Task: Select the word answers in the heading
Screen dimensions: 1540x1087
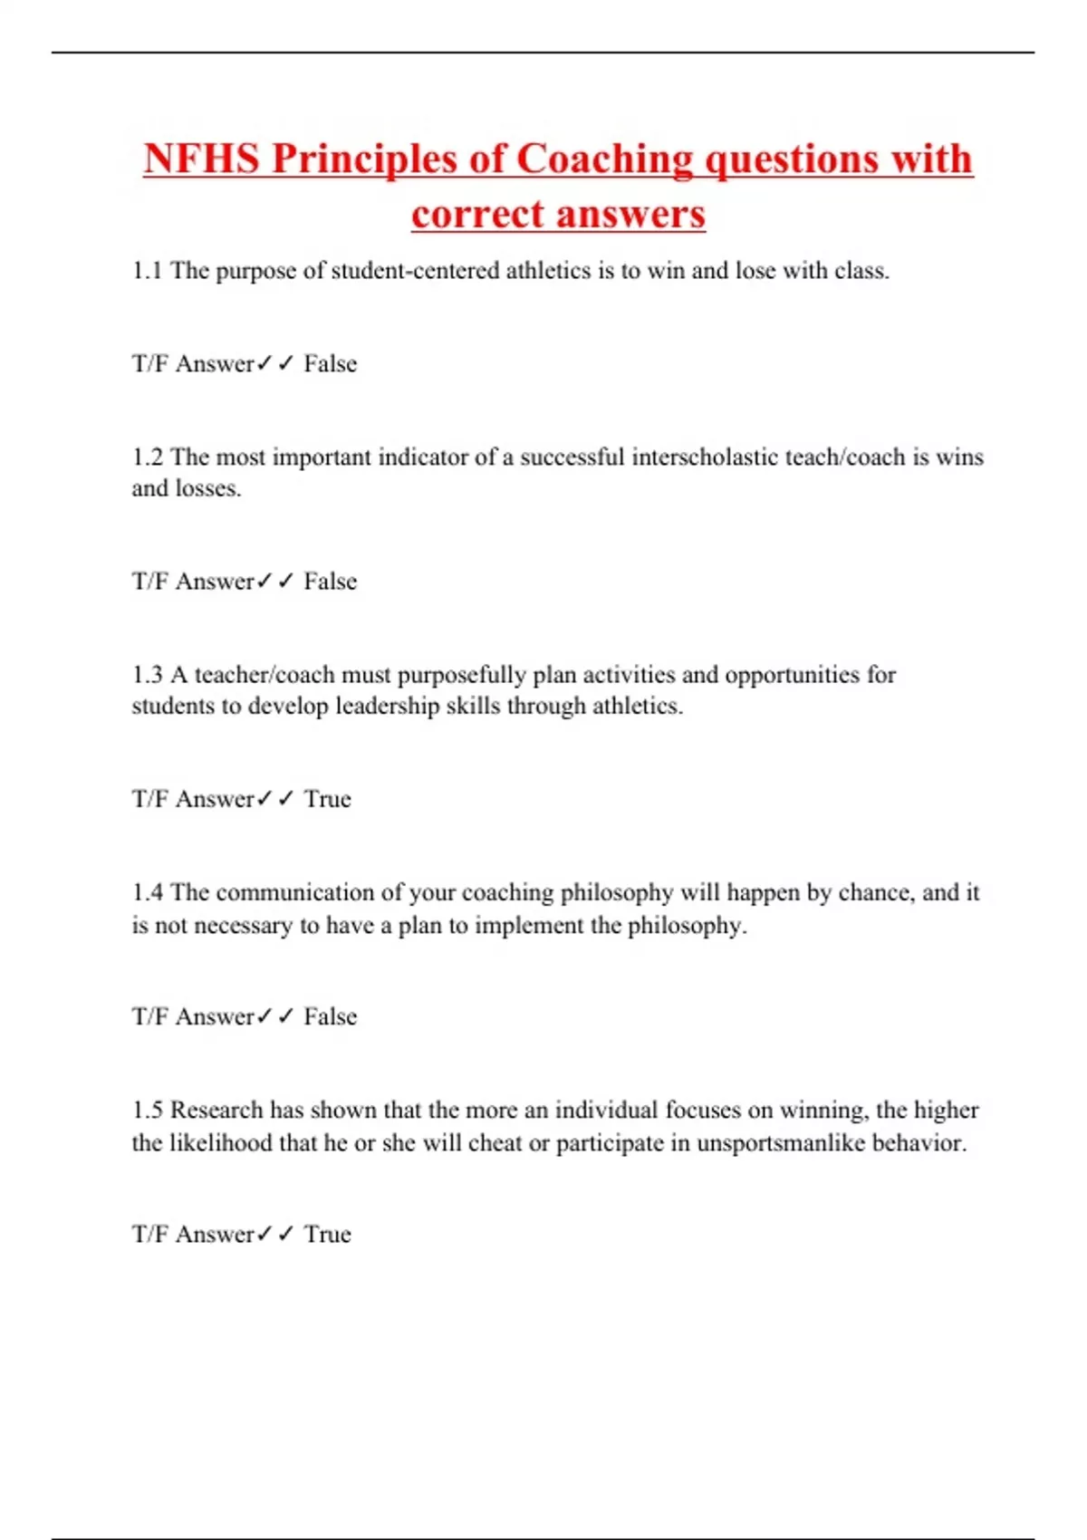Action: tap(630, 215)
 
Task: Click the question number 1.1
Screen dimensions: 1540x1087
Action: tap(148, 271)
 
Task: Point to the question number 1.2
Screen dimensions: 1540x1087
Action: tap(148, 457)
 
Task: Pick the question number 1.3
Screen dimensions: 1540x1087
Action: tap(148, 675)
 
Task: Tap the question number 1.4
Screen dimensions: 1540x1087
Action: tap(148, 893)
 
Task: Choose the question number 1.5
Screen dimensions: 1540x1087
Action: tap(148, 1111)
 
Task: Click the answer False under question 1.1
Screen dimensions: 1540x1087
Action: tap(331, 364)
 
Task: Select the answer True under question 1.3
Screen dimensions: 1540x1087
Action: tap(327, 799)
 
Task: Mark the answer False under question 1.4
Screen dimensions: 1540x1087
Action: tap(331, 1016)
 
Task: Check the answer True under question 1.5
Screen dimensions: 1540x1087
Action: tap(327, 1234)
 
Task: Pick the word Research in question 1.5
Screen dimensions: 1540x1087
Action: tap(216, 1111)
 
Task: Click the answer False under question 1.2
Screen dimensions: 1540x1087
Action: tap(331, 582)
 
